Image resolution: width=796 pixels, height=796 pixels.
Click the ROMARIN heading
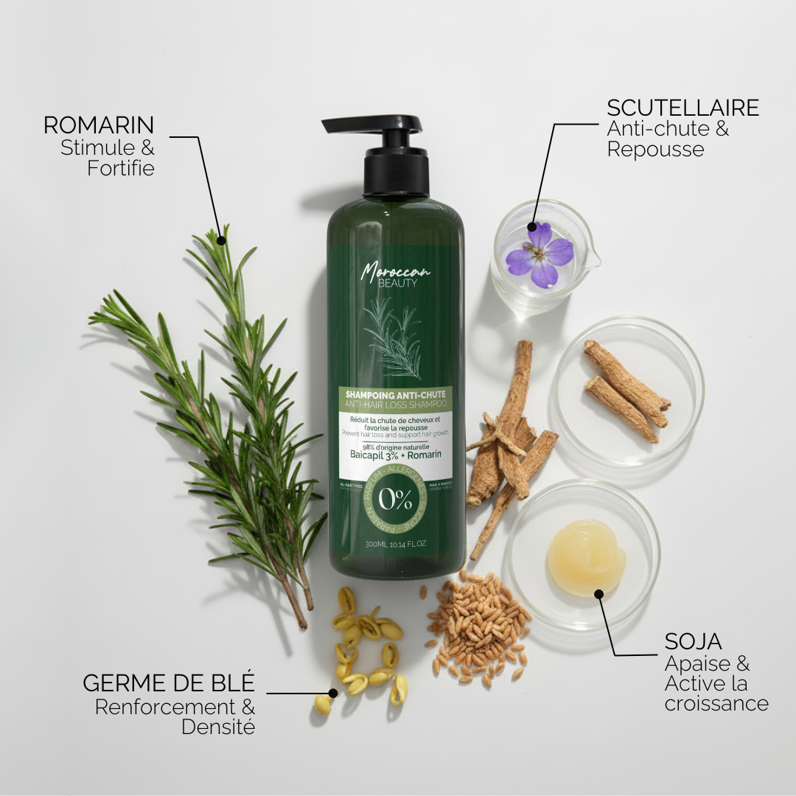click(x=99, y=125)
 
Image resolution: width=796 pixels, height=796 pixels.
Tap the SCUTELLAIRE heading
click(x=682, y=108)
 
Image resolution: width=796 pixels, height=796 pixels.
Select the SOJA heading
click(x=694, y=641)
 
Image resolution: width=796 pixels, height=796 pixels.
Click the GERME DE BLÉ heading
click(x=169, y=682)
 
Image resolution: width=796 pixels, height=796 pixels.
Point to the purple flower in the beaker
click(x=540, y=254)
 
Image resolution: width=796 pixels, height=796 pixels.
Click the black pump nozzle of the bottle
click(x=371, y=125)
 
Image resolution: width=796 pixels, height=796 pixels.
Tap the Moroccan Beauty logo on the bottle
click(x=395, y=275)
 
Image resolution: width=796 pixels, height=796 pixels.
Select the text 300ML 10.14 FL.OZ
click(x=395, y=545)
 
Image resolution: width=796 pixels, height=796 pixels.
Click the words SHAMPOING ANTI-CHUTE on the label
click(x=395, y=395)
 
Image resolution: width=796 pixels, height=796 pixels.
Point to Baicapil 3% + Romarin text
click(x=395, y=454)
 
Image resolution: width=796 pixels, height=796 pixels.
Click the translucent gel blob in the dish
click(x=586, y=557)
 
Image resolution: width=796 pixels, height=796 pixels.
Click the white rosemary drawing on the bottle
click(x=394, y=335)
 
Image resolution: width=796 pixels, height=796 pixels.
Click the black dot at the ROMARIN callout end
click(x=221, y=239)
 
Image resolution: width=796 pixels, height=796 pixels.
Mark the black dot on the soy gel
click(x=598, y=593)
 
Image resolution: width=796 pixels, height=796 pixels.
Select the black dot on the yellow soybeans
click(x=333, y=693)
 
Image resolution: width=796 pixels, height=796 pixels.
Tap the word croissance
click(x=716, y=703)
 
